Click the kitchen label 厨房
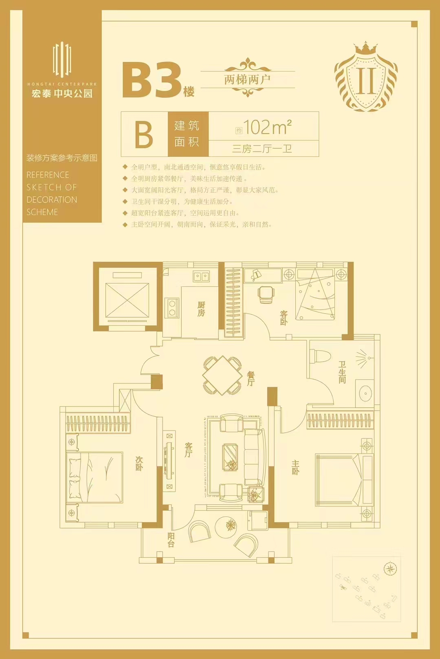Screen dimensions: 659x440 coord(201,309)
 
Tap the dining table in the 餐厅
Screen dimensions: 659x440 coord(222,376)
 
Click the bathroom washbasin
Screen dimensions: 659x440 coord(365,393)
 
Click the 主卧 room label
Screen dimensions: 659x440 coord(295,467)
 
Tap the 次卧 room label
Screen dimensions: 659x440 coord(139,463)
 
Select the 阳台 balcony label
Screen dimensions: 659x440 coord(171,540)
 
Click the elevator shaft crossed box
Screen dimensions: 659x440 coord(127,300)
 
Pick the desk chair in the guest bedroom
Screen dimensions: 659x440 coord(266,294)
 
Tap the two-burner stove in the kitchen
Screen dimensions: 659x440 coord(172,308)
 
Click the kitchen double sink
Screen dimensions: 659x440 coord(201,277)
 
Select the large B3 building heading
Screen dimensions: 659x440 coord(152,81)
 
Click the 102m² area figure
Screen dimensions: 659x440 coord(267,127)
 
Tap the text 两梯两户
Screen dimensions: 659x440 coord(247,79)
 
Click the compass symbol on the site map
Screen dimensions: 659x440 coord(390,569)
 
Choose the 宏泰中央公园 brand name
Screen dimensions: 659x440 coord(62,93)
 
